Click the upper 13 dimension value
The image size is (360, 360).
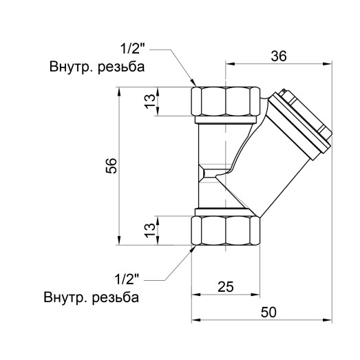pos(148,102)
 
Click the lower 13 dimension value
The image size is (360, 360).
pos(148,231)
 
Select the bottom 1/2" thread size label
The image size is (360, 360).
pos(127,279)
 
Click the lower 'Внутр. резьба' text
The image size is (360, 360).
pos(90,298)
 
